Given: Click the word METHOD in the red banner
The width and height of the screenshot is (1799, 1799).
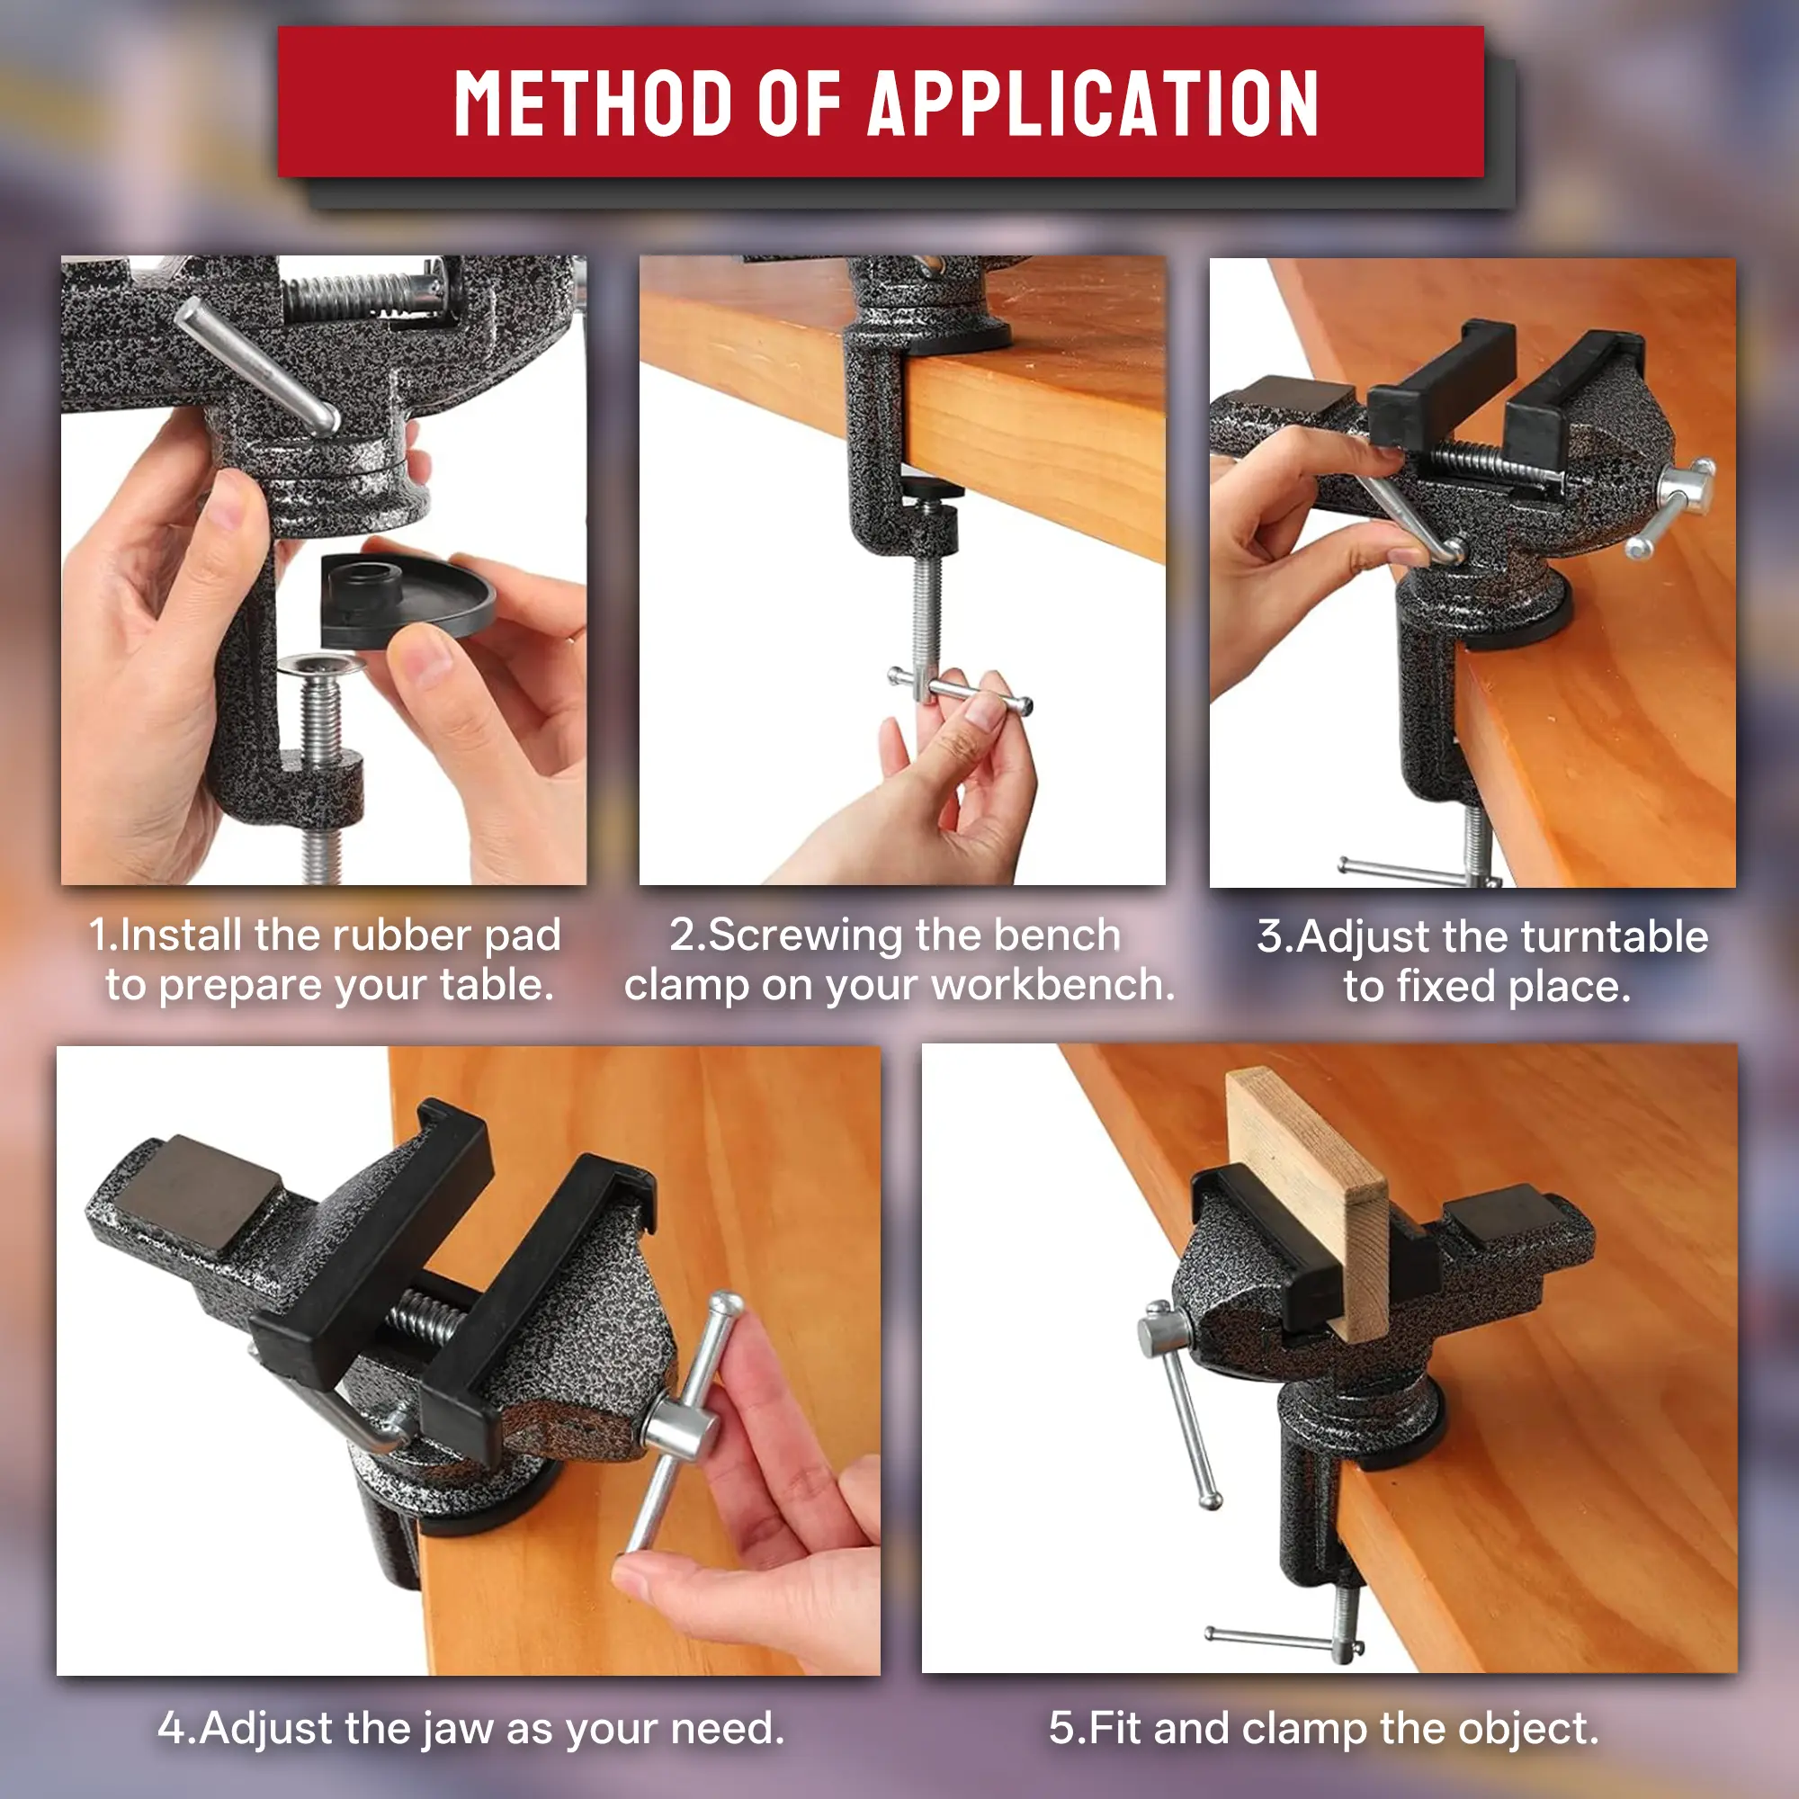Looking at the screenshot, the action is [593, 103].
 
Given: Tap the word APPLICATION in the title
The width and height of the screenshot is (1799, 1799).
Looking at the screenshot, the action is [1093, 103].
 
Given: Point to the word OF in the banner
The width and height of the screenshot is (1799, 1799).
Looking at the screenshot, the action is [799, 103].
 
